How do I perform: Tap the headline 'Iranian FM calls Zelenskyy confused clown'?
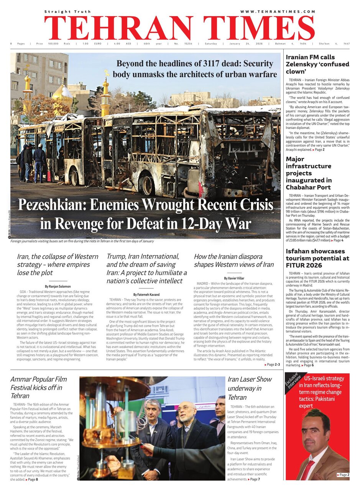(x=317, y=64)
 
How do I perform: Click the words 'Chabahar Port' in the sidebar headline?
(x=308, y=187)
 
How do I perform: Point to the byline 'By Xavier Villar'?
(x=234, y=278)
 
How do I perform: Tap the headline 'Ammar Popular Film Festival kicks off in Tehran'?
(x=38, y=387)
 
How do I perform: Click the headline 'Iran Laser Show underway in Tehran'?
(x=250, y=388)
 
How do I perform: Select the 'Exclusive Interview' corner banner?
(x=294, y=384)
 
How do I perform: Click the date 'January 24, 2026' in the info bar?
(x=240, y=44)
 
